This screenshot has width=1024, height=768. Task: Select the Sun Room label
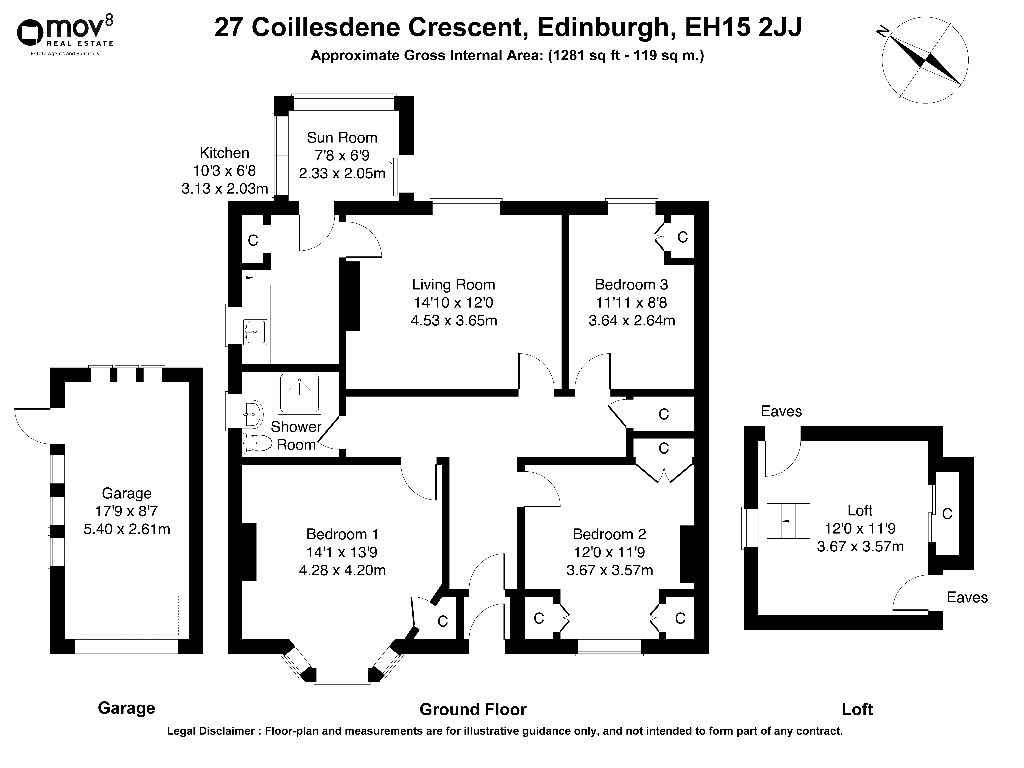[x=342, y=138]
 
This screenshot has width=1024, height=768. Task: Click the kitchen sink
[x=255, y=332]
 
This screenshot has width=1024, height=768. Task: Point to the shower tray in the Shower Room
[x=300, y=394]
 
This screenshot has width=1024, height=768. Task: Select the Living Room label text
[x=454, y=284]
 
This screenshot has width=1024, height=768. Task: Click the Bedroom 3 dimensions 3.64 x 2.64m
[x=631, y=320]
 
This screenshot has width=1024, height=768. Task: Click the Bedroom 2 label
[x=609, y=534]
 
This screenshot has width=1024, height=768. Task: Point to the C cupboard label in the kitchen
[x=253, y=240]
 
